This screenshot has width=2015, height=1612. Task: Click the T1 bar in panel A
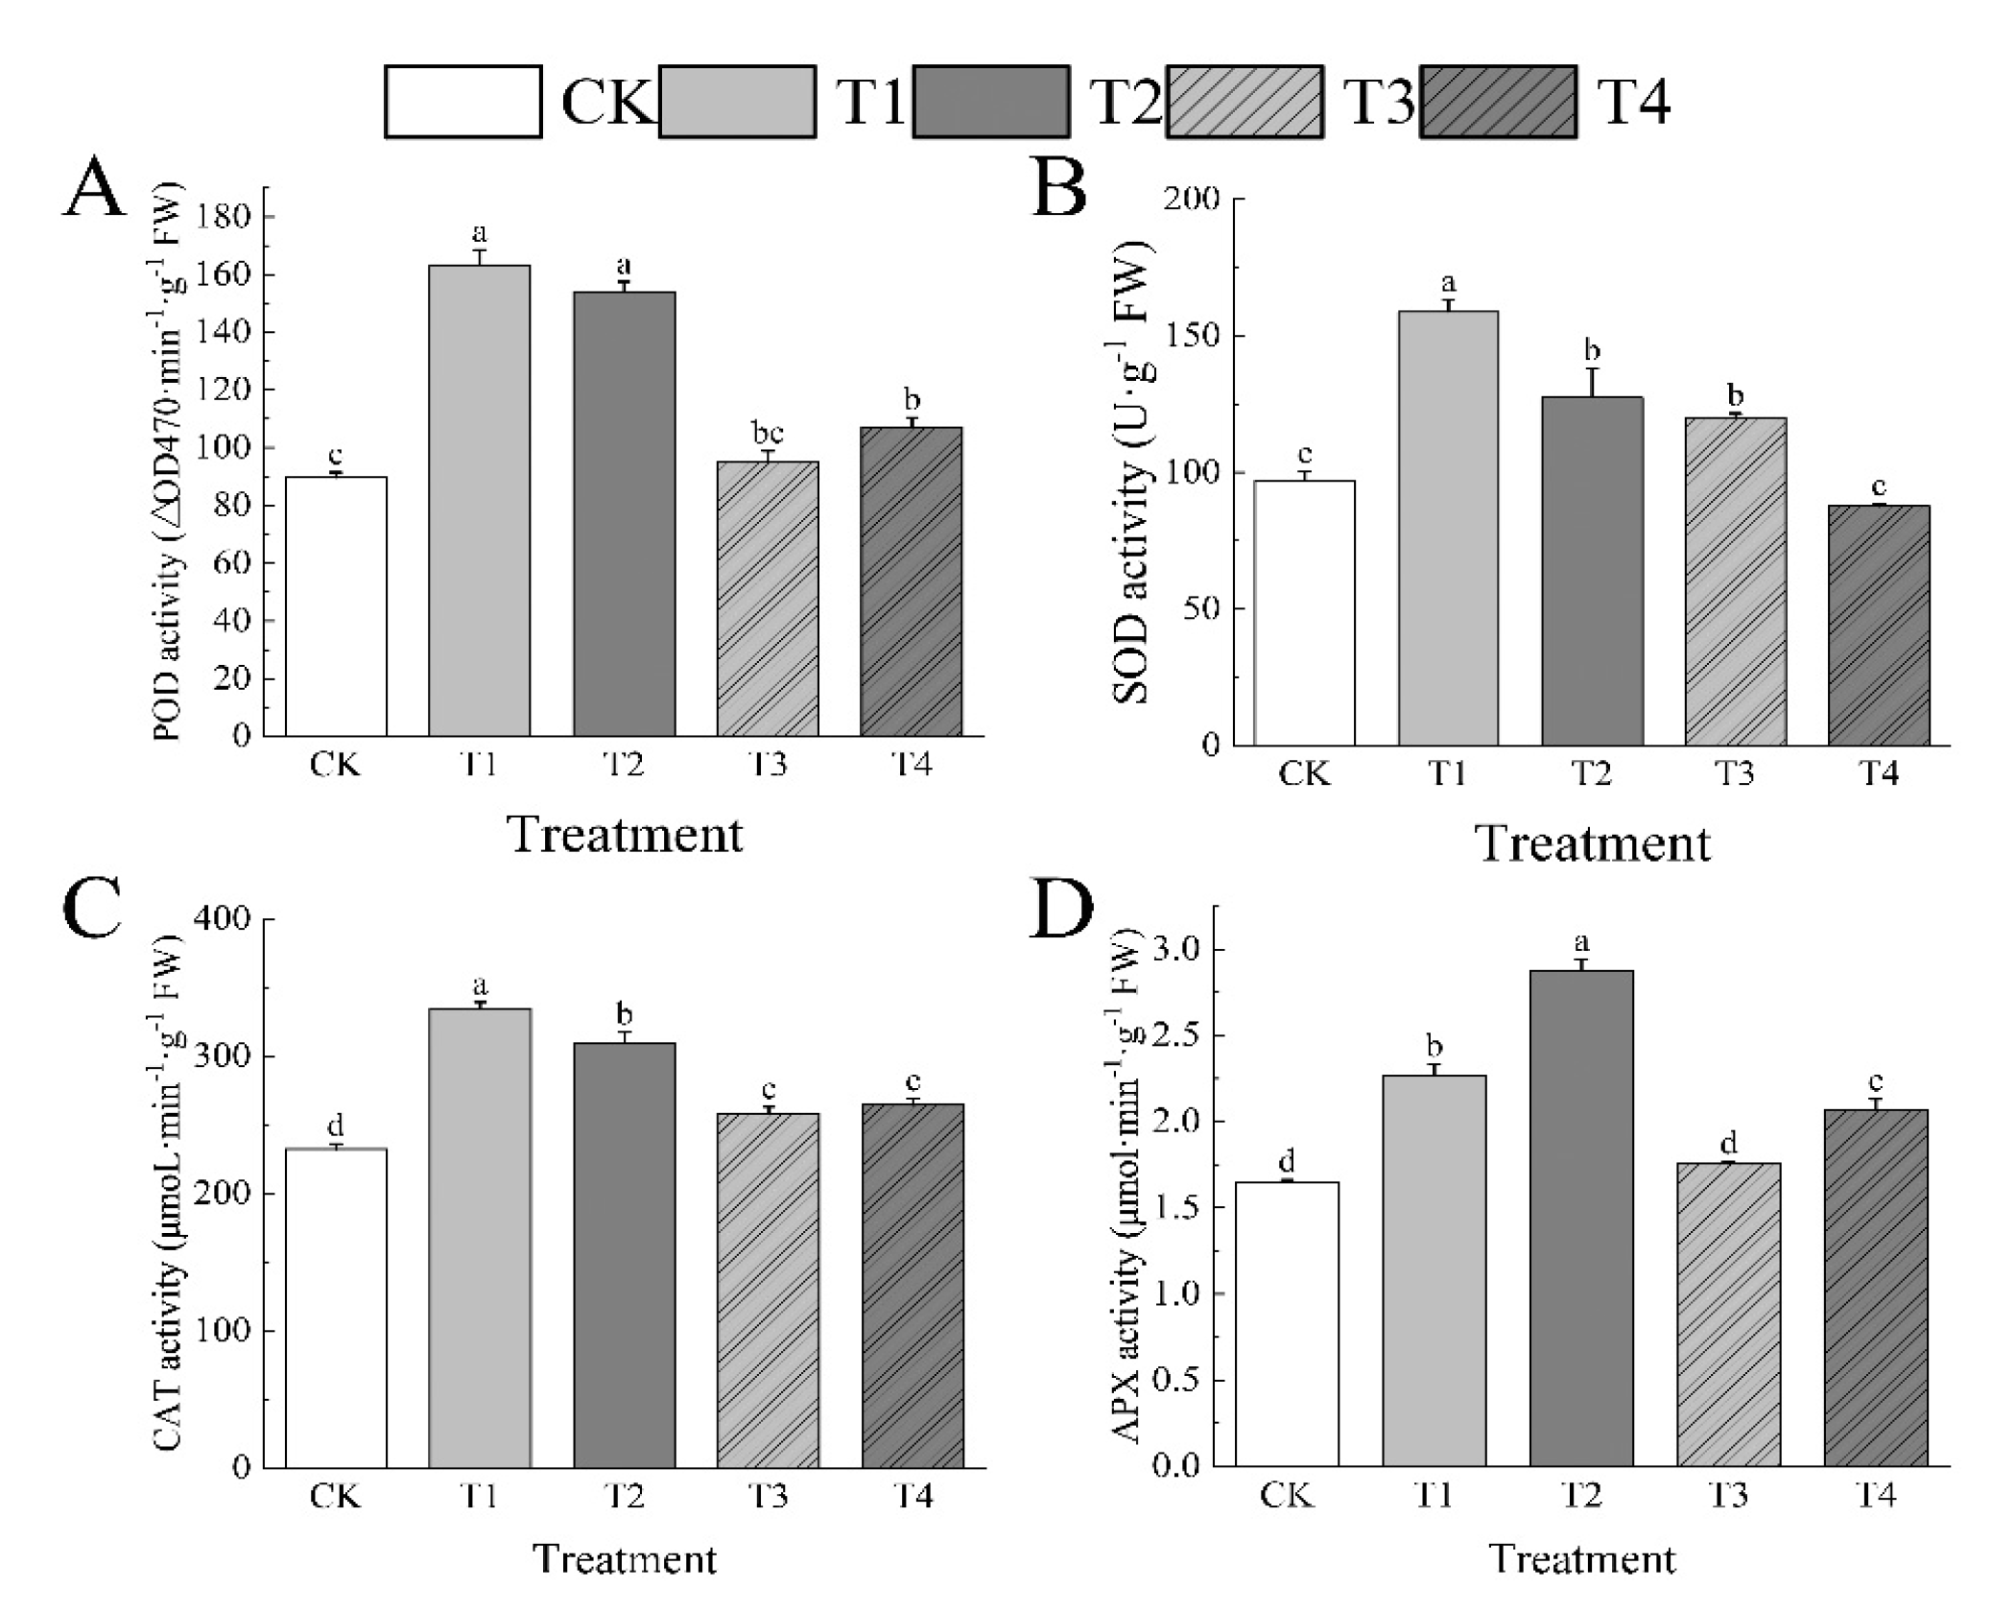(479, 500)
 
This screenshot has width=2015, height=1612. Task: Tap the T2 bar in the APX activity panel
(1581, 1218)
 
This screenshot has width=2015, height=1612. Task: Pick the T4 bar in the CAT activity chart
(913, 1286)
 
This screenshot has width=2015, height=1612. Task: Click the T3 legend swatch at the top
(1245, 102)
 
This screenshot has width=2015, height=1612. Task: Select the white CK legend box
(463, 102)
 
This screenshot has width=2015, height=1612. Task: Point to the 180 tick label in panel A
(222, 218)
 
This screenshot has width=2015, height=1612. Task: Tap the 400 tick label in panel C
(222, 919)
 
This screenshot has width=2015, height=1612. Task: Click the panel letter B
(1058, 190)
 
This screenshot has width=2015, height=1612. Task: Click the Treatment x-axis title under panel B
(1592, 844)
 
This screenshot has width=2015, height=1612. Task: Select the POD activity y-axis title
(169, 461)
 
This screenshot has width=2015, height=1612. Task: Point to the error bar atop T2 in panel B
(1592, 381)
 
